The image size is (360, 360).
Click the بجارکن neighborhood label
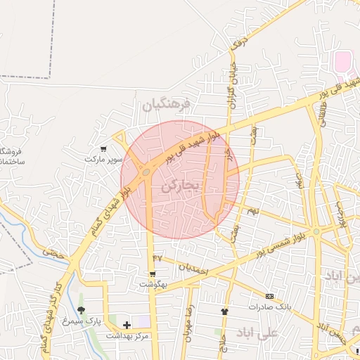(181, 187)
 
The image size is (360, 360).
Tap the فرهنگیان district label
(166, 105)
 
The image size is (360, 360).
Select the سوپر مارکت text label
(104, 160)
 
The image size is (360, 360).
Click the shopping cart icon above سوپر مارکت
(104, 148)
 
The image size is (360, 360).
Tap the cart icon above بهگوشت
(152, 274)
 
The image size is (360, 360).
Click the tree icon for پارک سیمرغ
(82, 310)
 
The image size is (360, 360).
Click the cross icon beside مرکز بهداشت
(127, 325)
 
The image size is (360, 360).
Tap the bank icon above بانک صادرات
(271, 296)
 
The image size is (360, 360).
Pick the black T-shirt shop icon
(224, 311)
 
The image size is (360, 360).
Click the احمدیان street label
(192, 266)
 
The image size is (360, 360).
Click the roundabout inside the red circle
(146, 171)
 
